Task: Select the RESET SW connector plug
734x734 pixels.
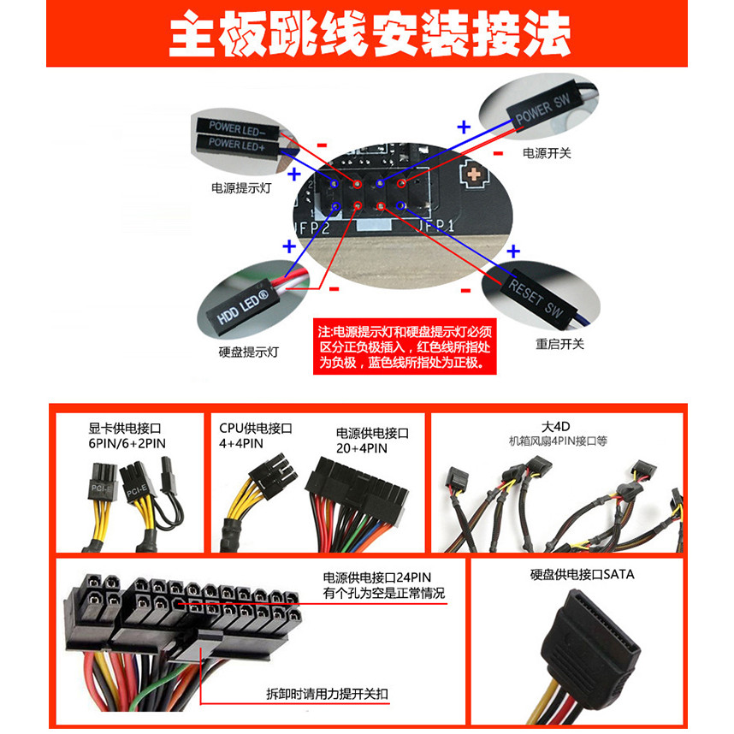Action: click(534, 296)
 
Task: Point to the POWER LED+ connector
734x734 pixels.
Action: click(236, 145)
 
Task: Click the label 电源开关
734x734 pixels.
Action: click(547, 153)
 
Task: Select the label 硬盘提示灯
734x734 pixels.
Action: click(248, 352)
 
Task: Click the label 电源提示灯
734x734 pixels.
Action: click(241, 187)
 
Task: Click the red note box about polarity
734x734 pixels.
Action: click(405, 346)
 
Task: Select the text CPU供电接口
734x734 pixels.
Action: click(256, 428)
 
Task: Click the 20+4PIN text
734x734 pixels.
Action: click(362, 448)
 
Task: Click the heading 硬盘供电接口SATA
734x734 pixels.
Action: click(582, 575)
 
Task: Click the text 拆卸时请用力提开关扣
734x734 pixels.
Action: click(330, 693)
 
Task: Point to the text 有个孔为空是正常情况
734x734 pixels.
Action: click(384, 594)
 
